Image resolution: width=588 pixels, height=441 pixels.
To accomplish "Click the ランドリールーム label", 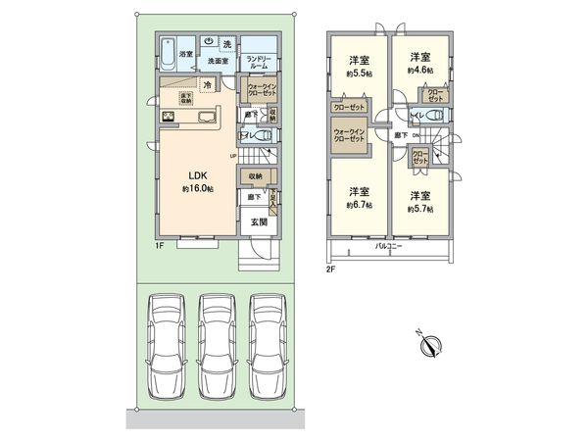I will point(259,62).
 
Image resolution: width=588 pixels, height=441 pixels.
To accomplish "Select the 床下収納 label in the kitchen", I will point(185,97).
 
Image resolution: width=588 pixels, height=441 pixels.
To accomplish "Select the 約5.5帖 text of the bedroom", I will point(359,74).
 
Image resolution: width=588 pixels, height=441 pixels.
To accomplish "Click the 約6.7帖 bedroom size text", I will point(359,205).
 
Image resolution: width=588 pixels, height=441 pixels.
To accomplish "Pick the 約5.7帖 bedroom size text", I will point(421,208).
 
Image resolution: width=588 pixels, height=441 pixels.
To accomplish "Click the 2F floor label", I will point(331,267).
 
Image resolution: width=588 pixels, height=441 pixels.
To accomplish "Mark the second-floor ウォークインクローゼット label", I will point(350,135).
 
